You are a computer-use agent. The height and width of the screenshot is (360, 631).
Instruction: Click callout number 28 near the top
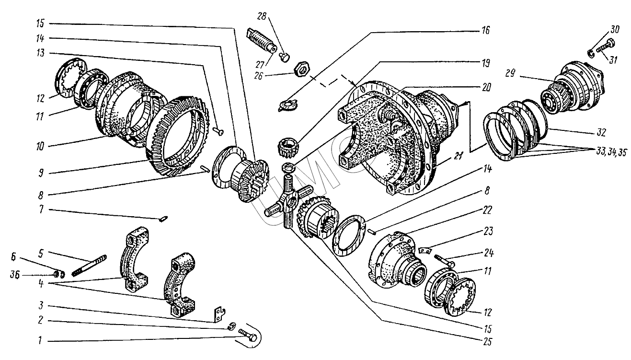262,17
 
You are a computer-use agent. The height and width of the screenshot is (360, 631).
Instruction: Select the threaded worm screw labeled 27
262,41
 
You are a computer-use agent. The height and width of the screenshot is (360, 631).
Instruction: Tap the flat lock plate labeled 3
219,315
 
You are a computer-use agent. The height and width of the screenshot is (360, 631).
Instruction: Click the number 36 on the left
15,275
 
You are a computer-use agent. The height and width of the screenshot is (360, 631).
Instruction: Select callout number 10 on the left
40,147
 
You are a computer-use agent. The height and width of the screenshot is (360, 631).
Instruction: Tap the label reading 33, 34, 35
611,152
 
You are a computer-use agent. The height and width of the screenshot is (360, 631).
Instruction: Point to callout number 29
510,73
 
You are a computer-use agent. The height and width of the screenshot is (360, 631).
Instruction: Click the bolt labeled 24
445,261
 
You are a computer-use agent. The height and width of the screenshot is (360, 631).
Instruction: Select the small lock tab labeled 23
424,250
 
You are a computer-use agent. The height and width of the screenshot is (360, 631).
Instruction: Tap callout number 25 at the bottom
487,342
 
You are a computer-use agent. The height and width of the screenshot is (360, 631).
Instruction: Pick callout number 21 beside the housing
458,156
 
